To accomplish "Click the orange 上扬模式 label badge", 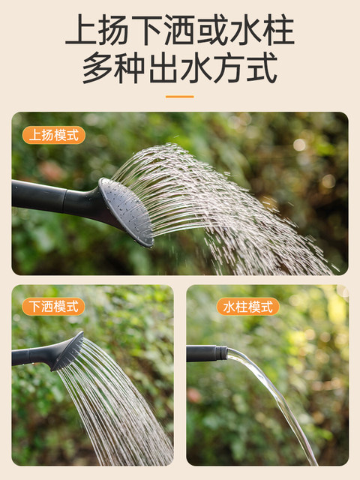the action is point(54,135).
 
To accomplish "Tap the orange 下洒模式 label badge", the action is point(53,307).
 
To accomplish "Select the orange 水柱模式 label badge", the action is point(248,307).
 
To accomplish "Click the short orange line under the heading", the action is point(180,97).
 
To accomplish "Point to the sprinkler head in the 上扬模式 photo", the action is point(127,211).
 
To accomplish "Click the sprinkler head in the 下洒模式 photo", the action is point(68,351).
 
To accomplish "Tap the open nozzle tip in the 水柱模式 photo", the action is point(221,352).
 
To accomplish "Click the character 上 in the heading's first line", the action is point(80,30).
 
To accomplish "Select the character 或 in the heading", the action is point(212,30).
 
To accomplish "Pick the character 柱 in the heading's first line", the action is point(278,30).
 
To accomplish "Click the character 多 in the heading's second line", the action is point(97,67).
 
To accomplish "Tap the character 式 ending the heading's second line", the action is point(262,67).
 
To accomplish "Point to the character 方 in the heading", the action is point(229,67).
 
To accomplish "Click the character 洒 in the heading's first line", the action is point(179,30).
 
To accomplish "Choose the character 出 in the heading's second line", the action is point(163,67).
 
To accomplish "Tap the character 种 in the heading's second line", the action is point(130,67).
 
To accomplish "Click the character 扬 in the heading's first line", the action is point(113,30).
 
